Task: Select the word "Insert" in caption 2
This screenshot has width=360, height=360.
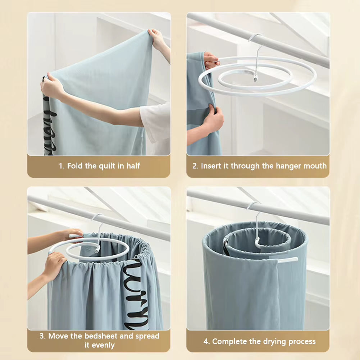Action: click(211, 166)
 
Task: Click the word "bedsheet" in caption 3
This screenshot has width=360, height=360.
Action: click(99, 336)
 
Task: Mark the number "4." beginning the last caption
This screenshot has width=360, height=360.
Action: click(206, 341)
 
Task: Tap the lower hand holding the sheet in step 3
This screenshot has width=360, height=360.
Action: click(54, 265)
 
